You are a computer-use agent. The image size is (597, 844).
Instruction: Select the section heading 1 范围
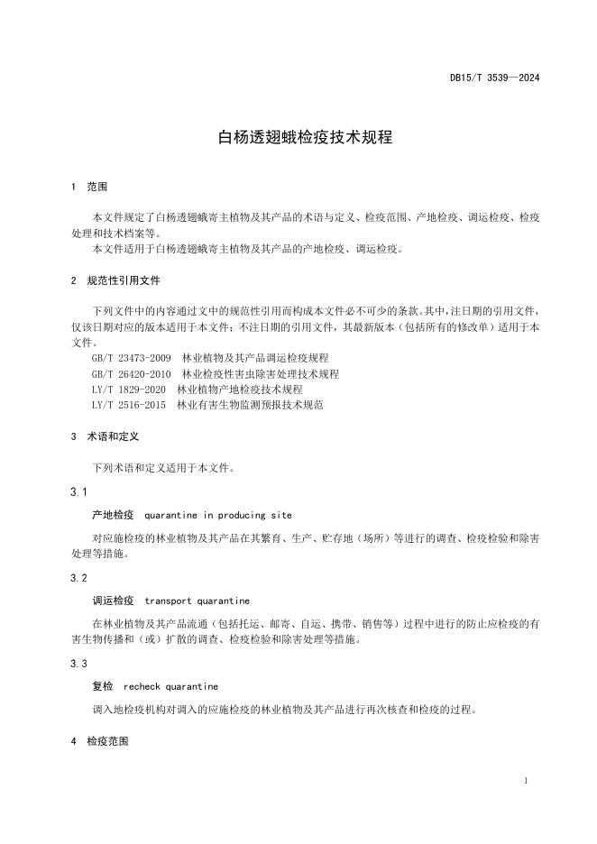pos(89,187)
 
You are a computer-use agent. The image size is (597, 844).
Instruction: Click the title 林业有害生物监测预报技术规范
pos(251,405)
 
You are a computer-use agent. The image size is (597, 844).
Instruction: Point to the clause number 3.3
pos(78,663)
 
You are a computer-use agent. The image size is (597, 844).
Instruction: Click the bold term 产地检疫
pos(113,515)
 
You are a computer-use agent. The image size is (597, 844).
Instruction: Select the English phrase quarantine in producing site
pos(217,515)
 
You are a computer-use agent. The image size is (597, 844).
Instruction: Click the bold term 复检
pos(102,686)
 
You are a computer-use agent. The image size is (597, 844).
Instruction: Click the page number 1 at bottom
pos(526,781)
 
